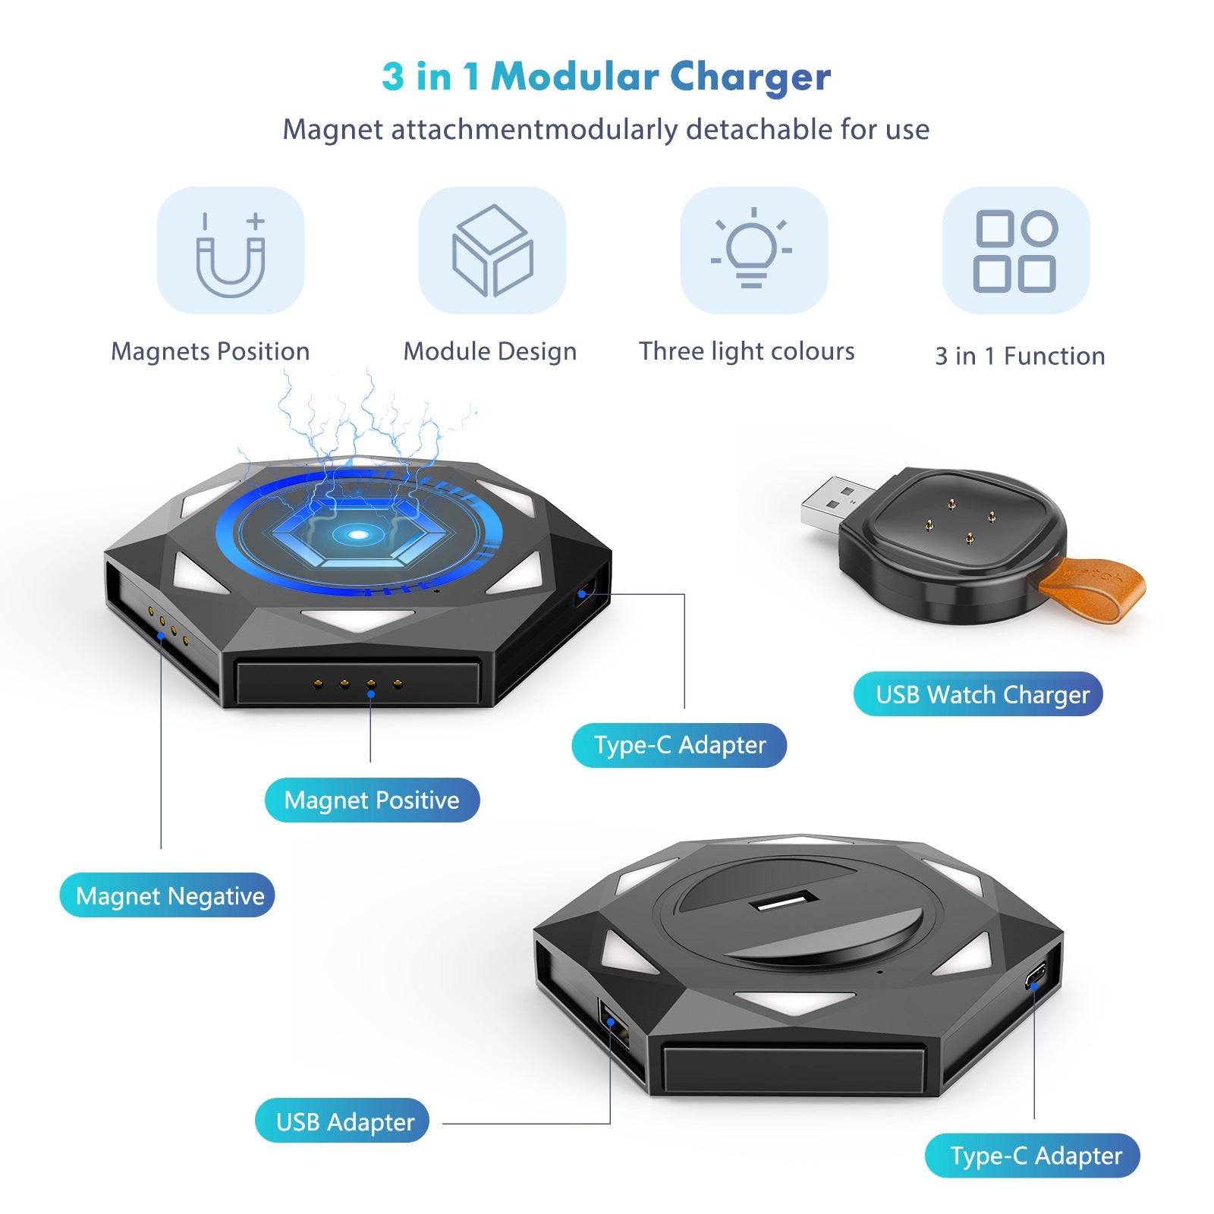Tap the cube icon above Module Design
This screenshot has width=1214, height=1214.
point(492,250)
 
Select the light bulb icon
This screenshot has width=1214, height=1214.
point(752,249)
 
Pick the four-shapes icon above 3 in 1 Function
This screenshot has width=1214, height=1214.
point(1015,250)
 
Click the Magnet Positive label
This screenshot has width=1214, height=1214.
point(372,800)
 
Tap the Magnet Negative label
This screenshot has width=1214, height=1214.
point(170,895)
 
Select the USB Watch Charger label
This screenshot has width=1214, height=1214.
point(982,694)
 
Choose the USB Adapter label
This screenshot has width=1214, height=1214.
point(344,1121)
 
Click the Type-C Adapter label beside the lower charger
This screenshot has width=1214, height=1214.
point(1035,1156)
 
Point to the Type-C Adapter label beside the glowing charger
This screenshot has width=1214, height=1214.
point(680,745)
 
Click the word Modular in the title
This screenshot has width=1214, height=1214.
point(575,77)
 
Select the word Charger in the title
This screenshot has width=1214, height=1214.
point(750,77)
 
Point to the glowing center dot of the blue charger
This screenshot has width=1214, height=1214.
point(357,535)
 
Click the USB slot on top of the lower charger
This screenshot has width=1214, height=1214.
point(784,902)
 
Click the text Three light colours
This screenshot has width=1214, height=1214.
point(747,351)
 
